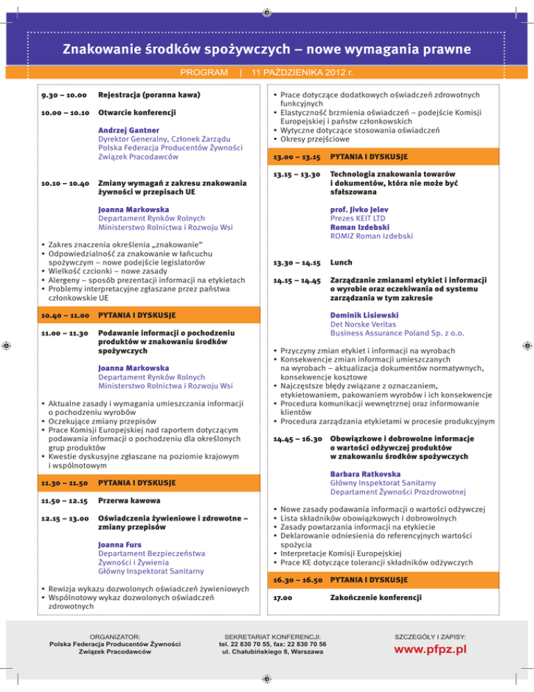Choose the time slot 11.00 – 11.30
63,334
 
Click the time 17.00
282,597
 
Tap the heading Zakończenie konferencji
376,597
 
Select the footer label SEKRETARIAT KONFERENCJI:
268,636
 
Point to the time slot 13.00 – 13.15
295,157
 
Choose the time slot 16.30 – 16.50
296,579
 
